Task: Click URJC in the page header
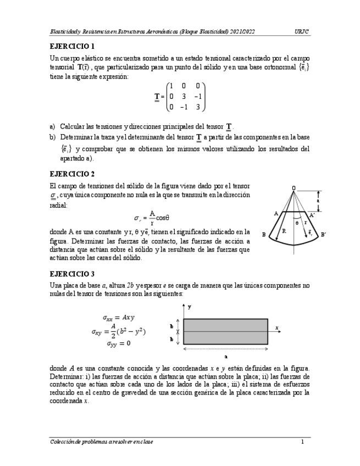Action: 302,32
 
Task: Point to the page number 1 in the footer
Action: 302,442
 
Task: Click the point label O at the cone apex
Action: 293,188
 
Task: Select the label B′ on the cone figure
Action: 324,235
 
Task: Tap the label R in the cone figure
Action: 284,231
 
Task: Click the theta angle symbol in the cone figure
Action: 297,223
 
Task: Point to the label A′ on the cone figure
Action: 312,215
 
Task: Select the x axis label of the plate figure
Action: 277,328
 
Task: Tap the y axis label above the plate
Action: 189,306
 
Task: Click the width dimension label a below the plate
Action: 226,356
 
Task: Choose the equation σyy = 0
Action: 118,344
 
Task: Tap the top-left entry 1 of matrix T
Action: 171,86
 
